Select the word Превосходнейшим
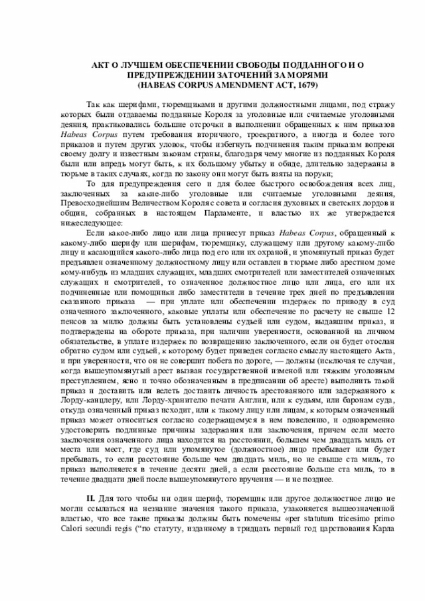click(92, 203)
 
